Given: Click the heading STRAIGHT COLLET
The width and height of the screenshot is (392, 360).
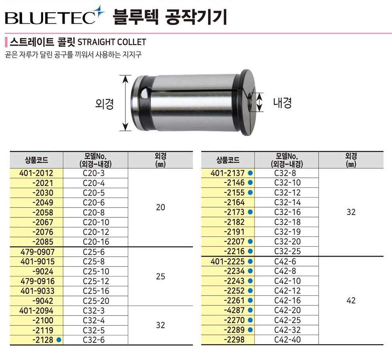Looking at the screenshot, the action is point(112,42).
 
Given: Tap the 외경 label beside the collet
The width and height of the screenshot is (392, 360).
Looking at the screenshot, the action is point(105,103).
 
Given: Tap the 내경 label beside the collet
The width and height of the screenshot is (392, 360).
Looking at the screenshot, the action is point(282,103).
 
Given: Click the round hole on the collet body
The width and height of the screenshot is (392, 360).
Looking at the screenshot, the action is point(145,93).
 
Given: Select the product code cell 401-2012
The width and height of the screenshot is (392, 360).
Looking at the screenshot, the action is point(36,173).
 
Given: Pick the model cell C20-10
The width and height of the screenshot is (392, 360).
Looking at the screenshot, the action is point(96,222).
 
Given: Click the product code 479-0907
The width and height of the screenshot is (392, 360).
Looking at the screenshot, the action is point(38,252).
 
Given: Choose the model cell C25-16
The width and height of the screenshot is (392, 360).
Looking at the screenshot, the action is point(96,291).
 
